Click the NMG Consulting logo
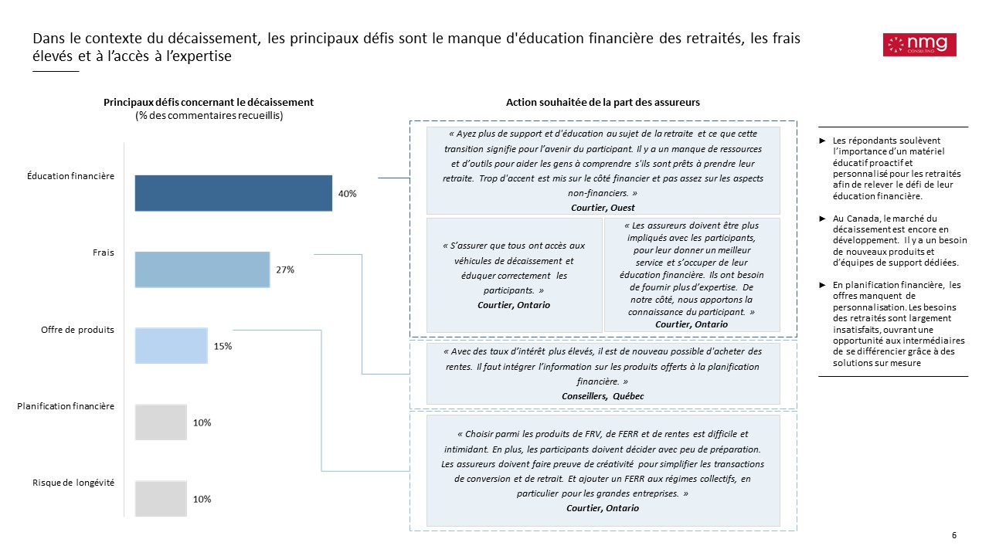tap(919, 45)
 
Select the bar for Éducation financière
tap(233, 193)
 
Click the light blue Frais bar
tap(202, 270)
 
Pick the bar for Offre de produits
tap(172, 346)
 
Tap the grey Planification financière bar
tap(161, 422)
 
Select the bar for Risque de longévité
tap(161, 499)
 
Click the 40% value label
tap(348, 194)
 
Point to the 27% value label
tap(285, 270)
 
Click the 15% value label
tap(223, 347)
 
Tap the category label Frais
tap(104, 253)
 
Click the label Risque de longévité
tap(73, 483)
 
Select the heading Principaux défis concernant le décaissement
tap(209, 103)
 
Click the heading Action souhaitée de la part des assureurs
tap(603, 103)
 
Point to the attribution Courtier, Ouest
tap(603, 208)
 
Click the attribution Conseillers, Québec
tap(603, 395)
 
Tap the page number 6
tap(954, 536)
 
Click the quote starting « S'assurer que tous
tap(514, 268)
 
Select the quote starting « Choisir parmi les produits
tap(603, 463)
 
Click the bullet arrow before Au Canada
tap(824, 219)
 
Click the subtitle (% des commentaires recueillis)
tap(209, 116)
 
